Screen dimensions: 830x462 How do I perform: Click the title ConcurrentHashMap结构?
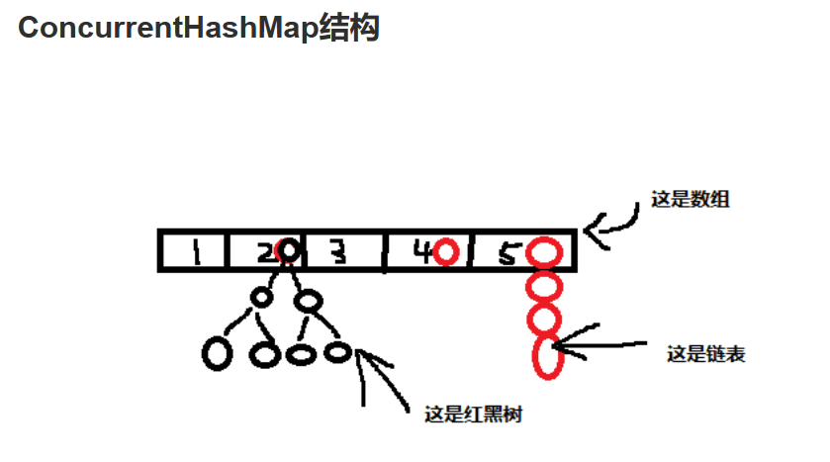point(199,28)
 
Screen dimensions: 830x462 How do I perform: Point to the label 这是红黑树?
point(472,415)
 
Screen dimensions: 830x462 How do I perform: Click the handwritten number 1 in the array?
point(196,253)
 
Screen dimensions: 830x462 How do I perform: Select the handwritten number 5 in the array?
point(507,254)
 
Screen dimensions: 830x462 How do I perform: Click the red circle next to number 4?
point(445,252)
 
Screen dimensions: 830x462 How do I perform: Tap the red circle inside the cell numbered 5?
point(543,252)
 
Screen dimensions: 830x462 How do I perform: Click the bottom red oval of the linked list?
point(547,356)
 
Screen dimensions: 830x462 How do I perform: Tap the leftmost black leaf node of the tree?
point(218,353)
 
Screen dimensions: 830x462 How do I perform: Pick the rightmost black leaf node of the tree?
point(337,350)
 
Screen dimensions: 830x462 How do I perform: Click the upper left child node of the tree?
point(261,296)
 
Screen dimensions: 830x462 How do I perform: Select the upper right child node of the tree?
point(309,298)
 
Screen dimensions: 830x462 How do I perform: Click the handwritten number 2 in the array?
point(265,253)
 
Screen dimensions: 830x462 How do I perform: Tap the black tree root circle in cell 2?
point(287,251)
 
